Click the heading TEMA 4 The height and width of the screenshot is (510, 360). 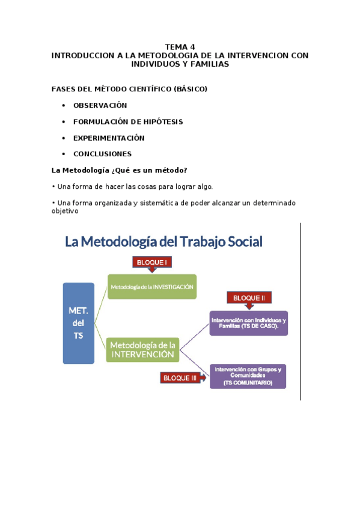[x=180, y=46]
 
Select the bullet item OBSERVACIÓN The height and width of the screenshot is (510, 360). [x=100, y=105]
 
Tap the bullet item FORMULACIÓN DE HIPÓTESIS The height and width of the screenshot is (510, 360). [x=128, y=121]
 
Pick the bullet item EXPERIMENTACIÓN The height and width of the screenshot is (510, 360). [x=109, y=138]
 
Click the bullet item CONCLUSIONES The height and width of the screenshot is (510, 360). [x=102, y=154]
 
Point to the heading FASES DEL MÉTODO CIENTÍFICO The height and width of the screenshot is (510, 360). [x=129, y=89]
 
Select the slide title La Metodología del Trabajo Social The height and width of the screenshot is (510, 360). [x=163, y=242]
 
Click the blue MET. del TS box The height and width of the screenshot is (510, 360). [x=79, y=323]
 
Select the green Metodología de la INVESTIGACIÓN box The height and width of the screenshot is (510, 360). [x=152, y=287]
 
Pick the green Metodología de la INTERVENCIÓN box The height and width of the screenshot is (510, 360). [x=143, y=350]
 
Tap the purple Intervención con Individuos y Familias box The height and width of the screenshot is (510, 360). [x=248, y=323]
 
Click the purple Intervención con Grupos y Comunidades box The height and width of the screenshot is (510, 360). [x=248, y=375]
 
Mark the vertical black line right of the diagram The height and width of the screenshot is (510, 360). [x=300, y=311]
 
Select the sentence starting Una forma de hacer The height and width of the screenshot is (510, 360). [x=132, y=186]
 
